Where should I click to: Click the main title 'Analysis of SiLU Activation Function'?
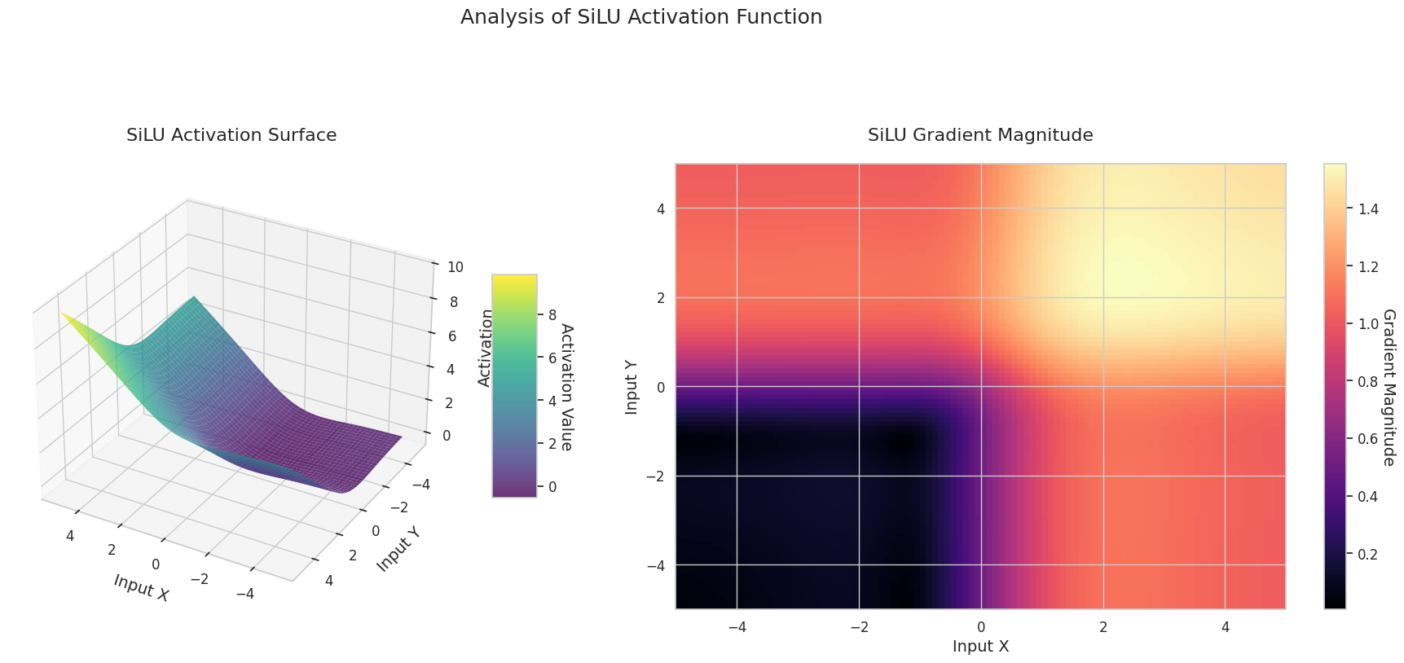pos(640,17)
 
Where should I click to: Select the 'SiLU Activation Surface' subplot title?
pos(231,135)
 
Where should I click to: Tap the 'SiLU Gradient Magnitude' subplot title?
pos(980,135)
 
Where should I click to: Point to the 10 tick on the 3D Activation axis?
pos(456,267)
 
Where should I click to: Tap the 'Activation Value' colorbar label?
pos(566,387)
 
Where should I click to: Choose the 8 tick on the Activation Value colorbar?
pos(552,315)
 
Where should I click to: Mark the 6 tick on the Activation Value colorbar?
pos(552,358)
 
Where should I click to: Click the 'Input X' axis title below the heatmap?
pos(980,647)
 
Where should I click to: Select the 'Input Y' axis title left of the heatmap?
pos(632,387)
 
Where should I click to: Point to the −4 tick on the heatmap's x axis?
pos(737,627)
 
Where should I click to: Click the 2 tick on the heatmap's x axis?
pos(1103,627)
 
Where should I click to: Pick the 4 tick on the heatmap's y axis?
pos(660,209)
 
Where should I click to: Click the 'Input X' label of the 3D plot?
pos(141,588)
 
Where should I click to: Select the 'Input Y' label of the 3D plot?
pos(398,548)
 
